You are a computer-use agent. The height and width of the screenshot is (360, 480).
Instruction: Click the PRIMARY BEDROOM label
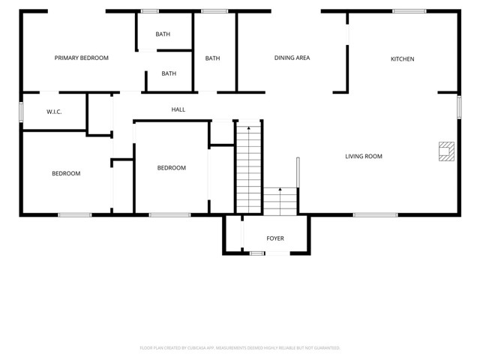pyautogui.click(x=82, y=58)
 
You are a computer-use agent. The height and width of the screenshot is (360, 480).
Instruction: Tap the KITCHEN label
pyautogui.click(x=402, y=59)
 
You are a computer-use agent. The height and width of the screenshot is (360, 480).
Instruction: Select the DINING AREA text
pyautogui.click(x=292, y=58)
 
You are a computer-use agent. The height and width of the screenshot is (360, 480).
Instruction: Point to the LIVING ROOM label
pyautogui.click(x=364, y=157)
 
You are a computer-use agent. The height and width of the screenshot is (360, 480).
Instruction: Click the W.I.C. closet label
pyautogui.click(x=54, y=112)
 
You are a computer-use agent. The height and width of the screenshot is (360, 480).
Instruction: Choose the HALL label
pyautogui.click(x=178, y=109)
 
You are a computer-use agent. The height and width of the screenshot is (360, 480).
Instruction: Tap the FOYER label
pyautogui.click(x=275, y=238)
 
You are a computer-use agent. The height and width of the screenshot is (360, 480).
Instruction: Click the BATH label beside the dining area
pyautogui.click(x=213, y=58)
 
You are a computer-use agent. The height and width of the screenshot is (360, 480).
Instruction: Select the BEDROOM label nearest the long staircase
pyautogui.click(x=171, y=168)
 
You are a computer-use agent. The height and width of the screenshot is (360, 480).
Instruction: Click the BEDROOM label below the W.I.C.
pyautogui.click(x=66, y=173)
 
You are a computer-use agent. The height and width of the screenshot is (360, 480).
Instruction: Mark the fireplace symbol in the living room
pyautogui.click(x=446, y=151)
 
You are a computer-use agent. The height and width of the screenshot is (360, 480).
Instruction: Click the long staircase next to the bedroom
pyautogui.click(x=248, y=169)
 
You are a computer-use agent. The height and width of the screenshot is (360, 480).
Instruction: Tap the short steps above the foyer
pyautogui.click(x=280, y=201)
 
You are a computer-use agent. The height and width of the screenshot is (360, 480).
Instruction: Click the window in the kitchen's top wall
pyautogui.click(x=409, y=11)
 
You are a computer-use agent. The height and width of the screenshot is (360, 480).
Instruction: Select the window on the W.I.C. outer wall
pyautogui.click(x=21, y=111)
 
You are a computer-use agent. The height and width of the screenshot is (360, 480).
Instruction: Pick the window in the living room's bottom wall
pyautogui.click(x=375, y=215)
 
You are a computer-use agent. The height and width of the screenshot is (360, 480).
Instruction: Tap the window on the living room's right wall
pyautogui.click(x=459, y=106)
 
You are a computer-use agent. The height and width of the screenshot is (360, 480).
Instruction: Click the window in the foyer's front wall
pyautogui.click(x=257, y=253)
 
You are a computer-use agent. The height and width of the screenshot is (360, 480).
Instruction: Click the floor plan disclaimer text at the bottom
pyautogui.click(x=240, y=348)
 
